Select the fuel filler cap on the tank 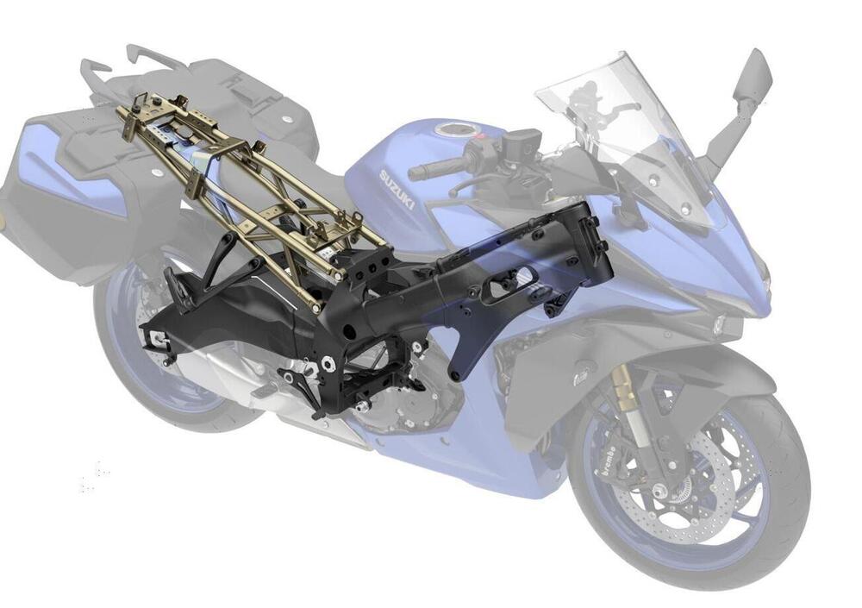click(454, 131)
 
